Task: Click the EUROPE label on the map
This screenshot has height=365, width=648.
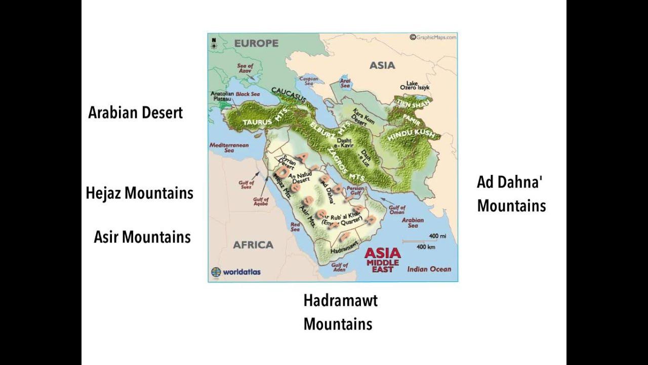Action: point(256,43)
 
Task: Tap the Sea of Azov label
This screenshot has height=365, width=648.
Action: point(245,68)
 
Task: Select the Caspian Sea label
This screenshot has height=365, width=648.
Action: point(308,82)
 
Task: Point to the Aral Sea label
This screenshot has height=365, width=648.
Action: point(345,83)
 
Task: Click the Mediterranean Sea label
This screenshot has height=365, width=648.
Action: point(229,148)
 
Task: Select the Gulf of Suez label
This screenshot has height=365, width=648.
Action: point(246,184)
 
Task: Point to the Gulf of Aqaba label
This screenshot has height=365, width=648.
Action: point(261,201)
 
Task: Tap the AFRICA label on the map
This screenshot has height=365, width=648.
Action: point(253,245)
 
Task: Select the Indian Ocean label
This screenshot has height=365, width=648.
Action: point(429,269)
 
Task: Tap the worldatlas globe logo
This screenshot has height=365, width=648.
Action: point(216,272)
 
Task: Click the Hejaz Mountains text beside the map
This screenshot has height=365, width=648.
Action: point(139,193)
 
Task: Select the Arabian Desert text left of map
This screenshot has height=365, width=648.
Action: point(135,113)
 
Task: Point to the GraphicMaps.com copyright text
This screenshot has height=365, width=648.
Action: point(433,37)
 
